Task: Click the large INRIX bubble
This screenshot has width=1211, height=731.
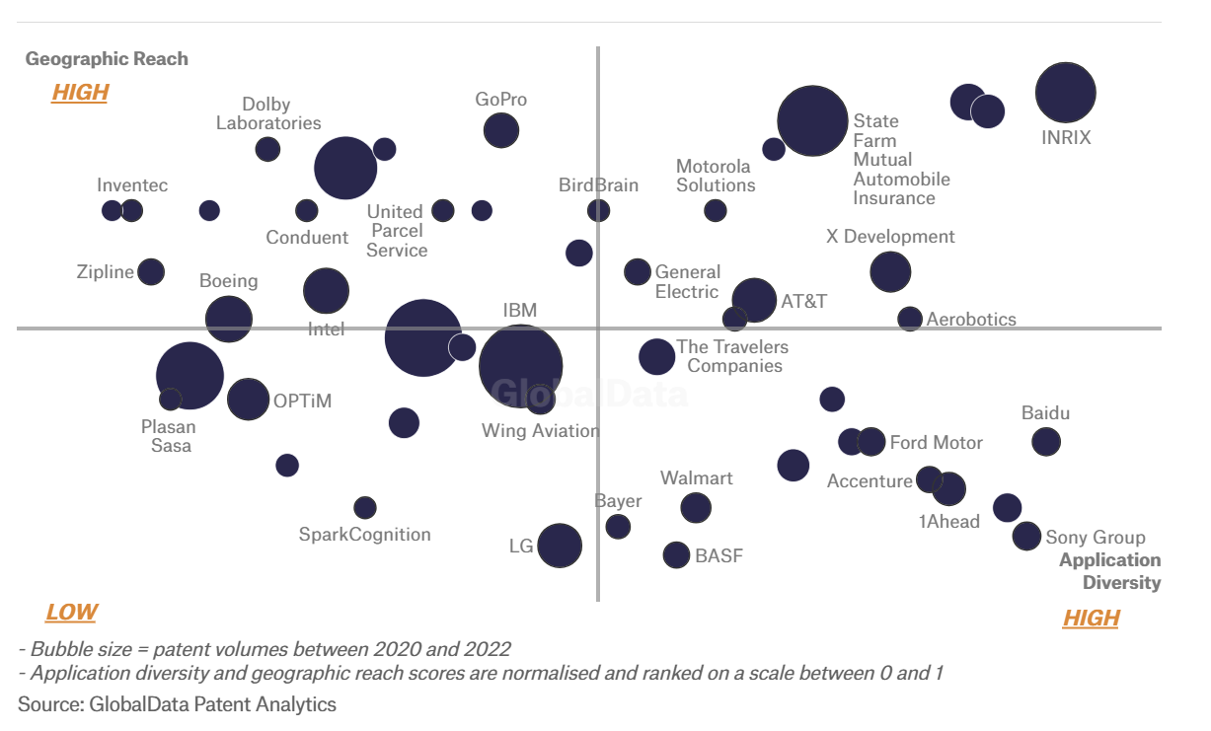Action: [x=1066, y=93]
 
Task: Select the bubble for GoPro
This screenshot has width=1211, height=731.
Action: [x=501, y=129]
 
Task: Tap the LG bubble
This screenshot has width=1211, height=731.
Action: [x=560, y=546]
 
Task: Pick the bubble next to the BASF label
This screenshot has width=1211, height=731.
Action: [x=676, y=554]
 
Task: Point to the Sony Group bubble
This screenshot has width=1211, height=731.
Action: [x=1026, y=536]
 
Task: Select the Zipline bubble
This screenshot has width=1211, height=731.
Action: [x=151, y=271]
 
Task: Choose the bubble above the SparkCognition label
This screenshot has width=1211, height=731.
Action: [x=365, y=507]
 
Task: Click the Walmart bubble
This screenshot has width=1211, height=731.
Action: [x=696, y=507]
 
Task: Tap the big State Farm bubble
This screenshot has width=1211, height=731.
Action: [x=812, y=121]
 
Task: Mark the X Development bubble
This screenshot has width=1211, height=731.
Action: [x=890, y=271]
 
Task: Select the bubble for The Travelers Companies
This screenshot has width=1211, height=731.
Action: [x=656, y=356]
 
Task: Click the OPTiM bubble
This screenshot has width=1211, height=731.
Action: [x=248, y=400]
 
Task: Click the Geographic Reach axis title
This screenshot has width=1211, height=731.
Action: [x=107, y=59]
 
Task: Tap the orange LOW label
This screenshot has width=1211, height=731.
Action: [x=71, y=613]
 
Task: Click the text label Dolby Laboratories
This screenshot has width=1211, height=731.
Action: [x=268, y=113]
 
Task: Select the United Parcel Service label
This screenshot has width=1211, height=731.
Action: [x=396, y=231]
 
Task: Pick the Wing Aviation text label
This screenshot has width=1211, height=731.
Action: [x=541, y=431]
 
